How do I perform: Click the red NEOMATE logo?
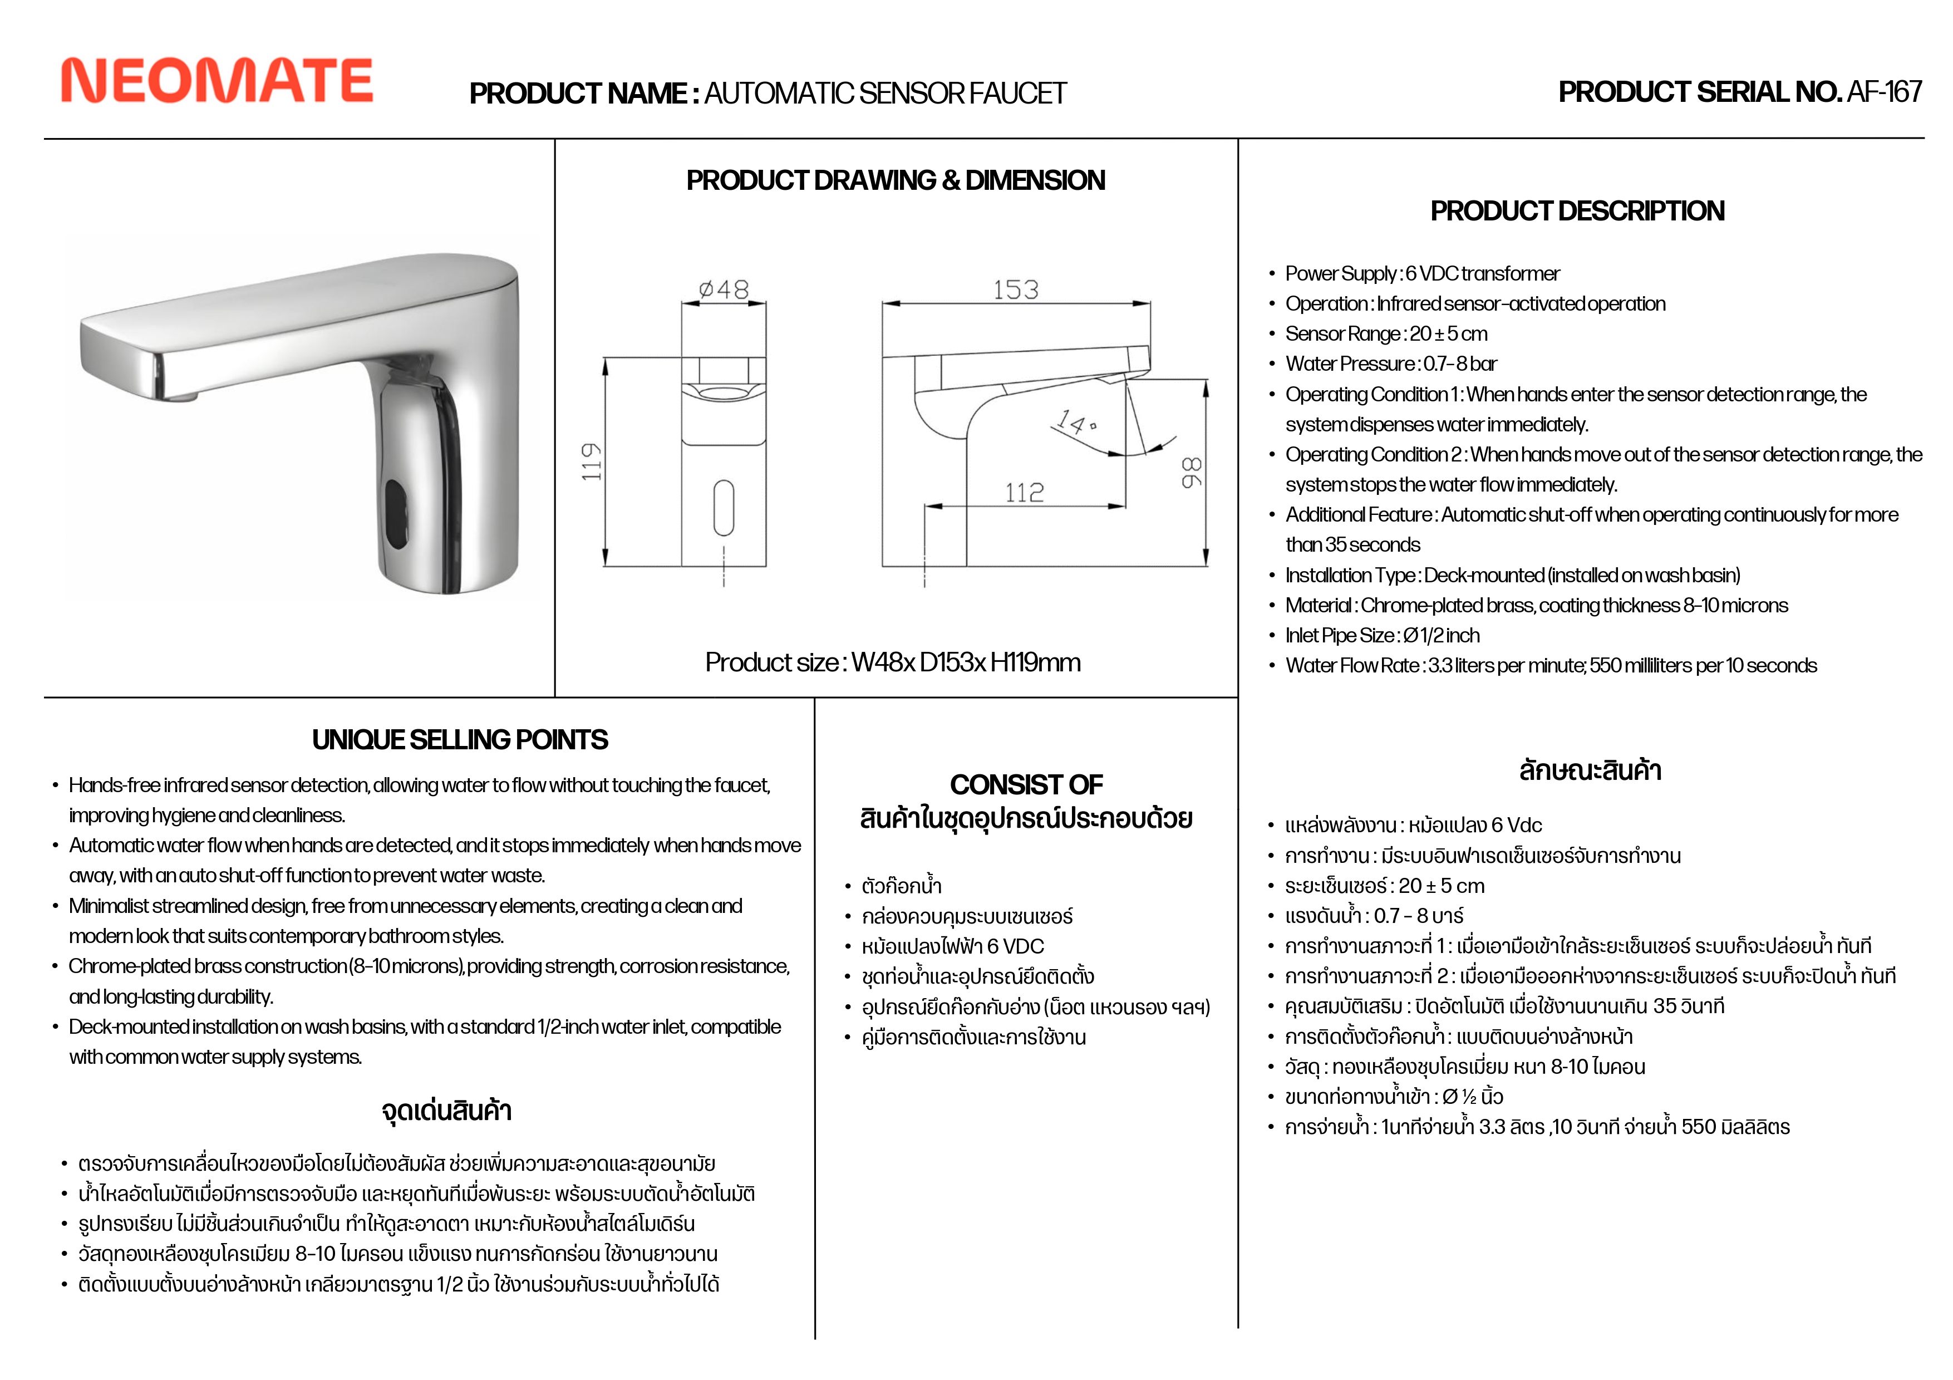tap(217, 81)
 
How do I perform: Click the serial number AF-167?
tap(1884, 92)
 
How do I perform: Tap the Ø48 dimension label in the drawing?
tap(724, 290)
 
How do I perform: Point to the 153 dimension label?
tap(1016, 290)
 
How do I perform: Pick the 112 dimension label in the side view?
tap(1024, 493)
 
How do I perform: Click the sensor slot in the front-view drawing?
tap(724, 508)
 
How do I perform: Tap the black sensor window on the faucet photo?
tap(396, 514)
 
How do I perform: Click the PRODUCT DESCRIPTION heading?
tap(1577, 211)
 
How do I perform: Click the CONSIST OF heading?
tap(1026, 784)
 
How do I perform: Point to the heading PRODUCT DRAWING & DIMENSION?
tap(896, 180)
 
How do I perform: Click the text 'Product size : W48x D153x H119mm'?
tap(892, 663)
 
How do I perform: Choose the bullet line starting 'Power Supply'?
tap(1422, 274)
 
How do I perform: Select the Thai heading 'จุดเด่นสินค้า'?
tap(446, 1111)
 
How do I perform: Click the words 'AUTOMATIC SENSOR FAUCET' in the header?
tap(884, 94)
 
